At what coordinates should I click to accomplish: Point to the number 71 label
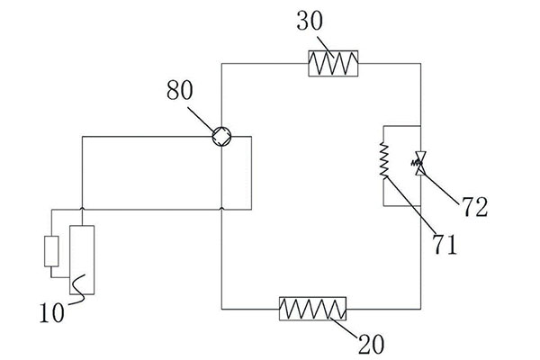444,243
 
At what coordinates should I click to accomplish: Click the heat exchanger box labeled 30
334,63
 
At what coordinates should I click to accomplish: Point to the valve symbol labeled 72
420,163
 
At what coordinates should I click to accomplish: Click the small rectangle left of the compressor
51,251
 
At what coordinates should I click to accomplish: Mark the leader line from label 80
202,117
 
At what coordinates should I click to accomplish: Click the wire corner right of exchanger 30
420,63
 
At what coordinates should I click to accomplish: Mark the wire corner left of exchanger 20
222,309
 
